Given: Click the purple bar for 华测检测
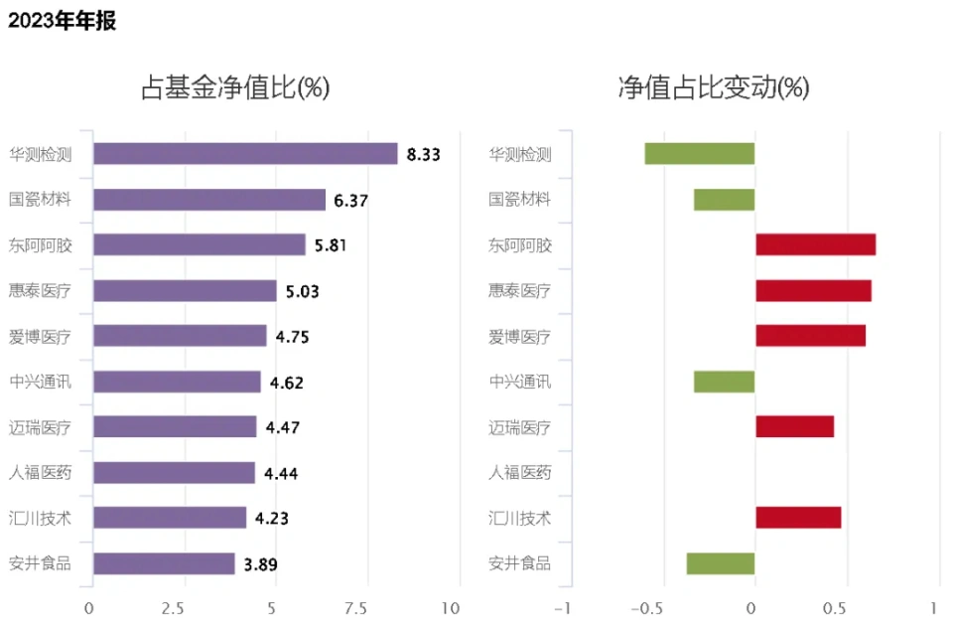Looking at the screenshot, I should (x=244, y=154).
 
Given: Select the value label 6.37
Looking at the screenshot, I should (x=351, y=200).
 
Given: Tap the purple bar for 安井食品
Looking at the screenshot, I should (x=164, y=564).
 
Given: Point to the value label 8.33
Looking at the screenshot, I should (x=423, y=154).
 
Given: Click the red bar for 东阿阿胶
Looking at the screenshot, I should (x=815, y=244).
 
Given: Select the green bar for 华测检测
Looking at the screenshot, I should (x=700, y=154).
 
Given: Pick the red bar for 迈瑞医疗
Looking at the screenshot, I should (x=794, y=426).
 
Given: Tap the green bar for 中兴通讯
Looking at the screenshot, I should (x=724, y=382).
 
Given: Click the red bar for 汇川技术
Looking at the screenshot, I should (x=798, y=518).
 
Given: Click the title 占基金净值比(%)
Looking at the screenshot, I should (x=235, y=88).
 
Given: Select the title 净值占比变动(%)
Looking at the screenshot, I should (x=714, y=88).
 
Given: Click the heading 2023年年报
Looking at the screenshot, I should (x=63, y=21).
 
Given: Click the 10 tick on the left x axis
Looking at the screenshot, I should (x=451, y=608).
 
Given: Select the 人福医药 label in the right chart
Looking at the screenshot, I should (x=520, y=473).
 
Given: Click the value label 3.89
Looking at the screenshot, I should (x=260, y=564).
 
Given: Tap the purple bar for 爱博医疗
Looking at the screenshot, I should (x=179, y=336).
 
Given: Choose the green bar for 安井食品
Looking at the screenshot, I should (x=721, y=564).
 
